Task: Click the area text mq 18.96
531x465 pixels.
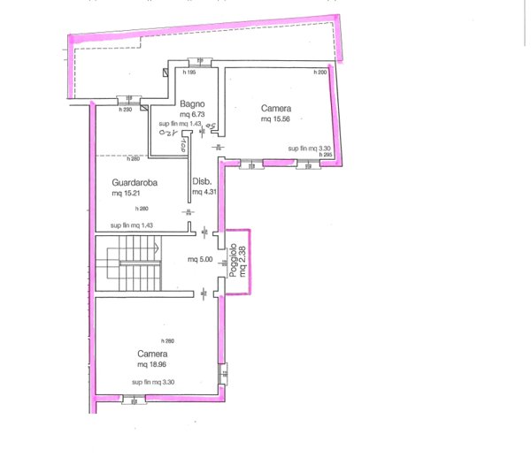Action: coord(155,363)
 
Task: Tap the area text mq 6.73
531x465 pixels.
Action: coord(192,114)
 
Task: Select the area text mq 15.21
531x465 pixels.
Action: coord(128,194)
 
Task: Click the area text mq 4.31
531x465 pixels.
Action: coord(204,192)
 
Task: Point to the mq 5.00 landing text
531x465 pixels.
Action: coord(201,260)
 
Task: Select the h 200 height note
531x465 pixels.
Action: coord(320,72)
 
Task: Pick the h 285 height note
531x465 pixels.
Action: coord(326,155)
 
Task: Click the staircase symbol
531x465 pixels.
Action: coord(131,263)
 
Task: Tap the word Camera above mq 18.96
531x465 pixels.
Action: coord(152,354)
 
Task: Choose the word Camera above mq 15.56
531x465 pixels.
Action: coord(276,109)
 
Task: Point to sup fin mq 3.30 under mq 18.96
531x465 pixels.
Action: coord(154,382)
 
